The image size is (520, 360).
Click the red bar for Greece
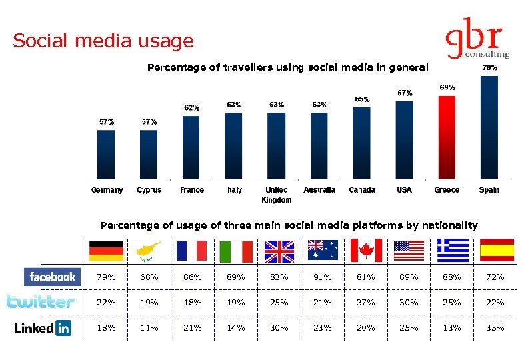pos(447,137)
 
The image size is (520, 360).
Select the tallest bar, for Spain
pos(489,127)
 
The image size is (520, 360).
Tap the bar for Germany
pos(106,154)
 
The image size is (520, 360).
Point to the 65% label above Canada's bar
pos(362,99)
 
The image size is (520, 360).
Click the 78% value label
pos(489,68)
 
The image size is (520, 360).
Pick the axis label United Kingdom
pos(277,195)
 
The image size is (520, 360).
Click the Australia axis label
pos(319,190)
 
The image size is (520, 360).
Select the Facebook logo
pos(53,277)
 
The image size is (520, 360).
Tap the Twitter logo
pos(41,302)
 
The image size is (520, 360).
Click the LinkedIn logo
pos(43,328)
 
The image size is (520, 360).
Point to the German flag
pos(107,250)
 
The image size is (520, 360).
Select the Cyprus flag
pos(149,250)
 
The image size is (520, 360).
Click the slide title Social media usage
pos(103,41)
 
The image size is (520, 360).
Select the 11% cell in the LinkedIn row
pos(149,327)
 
